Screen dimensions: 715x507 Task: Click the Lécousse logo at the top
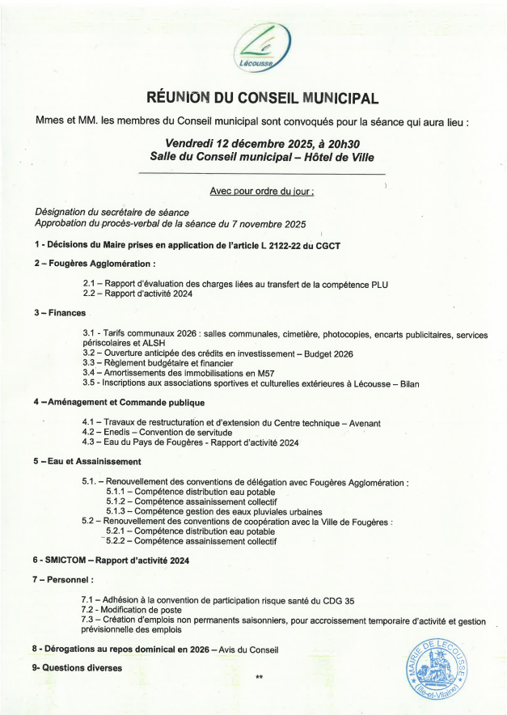pos(260,48)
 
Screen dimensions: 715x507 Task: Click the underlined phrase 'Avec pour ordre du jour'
pos(261,192)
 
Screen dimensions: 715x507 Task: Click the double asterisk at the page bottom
pos(260,678)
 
